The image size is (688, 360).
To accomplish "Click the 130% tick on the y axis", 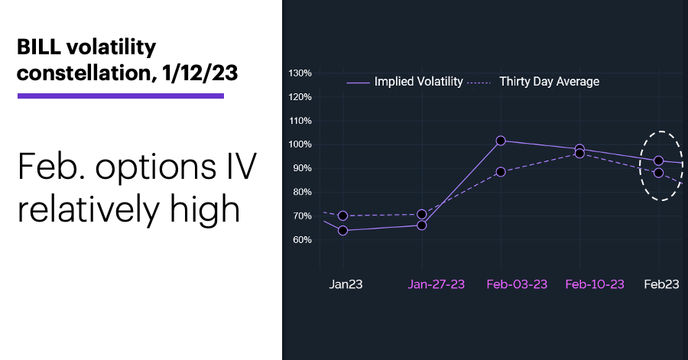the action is pyautogui.click(x=300, y=73).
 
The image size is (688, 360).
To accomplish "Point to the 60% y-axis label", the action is pyautogui.click(x=302, y=240).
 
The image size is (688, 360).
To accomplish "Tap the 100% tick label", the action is pyautogui.click(x=300, y=144).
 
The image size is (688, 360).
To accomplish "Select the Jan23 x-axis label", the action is pyautogui.click(x=346, y=284).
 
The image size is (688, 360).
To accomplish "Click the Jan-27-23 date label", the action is pyautogui.click(x=436, y=284).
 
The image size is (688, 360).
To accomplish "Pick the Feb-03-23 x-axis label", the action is pyautogui.click(x=517, y=284).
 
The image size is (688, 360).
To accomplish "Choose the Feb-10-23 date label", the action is pyautogui.click(x=595, y=284).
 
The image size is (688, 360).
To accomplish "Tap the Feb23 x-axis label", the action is pyautogui.click(x=661, y=284).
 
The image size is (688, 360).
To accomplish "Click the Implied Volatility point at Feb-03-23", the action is pyautogui.click(x=501, y=141).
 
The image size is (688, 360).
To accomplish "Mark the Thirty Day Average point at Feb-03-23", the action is pyautogui.click(x=501, y=172).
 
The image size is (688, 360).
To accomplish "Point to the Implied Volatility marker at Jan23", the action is pyautogui.click(x=343, y=230).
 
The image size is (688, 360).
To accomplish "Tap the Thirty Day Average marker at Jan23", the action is pyautogui.click(x=343, y=216).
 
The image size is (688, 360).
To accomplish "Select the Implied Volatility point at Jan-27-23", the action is pyautogui.click(x=422, y=225).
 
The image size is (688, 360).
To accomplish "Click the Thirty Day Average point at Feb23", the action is pyautogui.click(x=659, y=173).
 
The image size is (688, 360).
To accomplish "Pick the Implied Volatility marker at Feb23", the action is pyautogui.click(x=659, y=161).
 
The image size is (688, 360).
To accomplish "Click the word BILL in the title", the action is pyautogui.click(x=39, y=47).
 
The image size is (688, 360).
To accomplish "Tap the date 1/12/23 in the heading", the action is pyautogui.click(x=200, y=73).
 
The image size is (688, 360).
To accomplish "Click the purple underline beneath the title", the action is pyautogui.click(x=121, y=96).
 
